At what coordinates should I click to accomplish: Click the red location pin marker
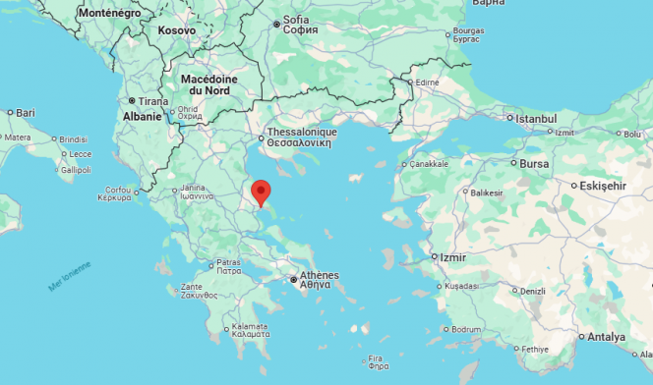point(261,192)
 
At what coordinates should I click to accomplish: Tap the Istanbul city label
point(537,118)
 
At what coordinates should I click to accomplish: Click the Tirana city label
point(152,101)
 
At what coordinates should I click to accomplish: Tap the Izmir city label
point(453,257)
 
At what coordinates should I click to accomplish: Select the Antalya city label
point(606,337)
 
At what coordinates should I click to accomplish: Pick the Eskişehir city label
point(604,185)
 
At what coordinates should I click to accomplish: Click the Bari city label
point(25,113)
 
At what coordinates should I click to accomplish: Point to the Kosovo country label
point(176,30)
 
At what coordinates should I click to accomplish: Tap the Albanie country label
point(142,116)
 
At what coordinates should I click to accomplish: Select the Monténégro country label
point(108,14)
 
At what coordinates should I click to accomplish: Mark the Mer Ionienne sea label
point(69,276)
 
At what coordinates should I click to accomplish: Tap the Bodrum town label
point(465,329)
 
